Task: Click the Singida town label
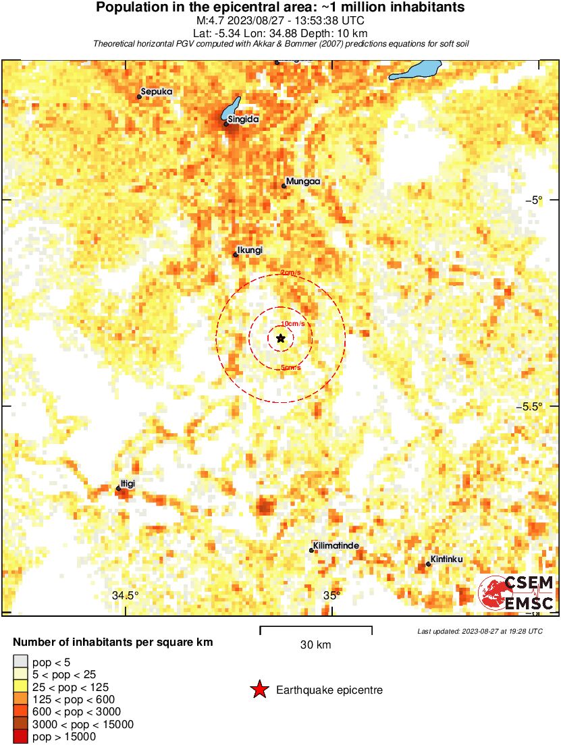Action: point(244,119)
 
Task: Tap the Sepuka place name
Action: point(157,92)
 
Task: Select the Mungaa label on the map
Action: point(302,182)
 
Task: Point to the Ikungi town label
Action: point(250,250)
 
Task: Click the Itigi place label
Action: point(128,484)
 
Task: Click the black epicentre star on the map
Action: point(281,338)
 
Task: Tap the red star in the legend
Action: point(259,690)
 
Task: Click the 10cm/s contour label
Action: point(293,324)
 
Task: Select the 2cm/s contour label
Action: point(291,273)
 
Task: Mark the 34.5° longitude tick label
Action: point(126,595)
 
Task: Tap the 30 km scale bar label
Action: point(316,644)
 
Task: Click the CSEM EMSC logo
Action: point(517,593)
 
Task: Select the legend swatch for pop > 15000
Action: point(20,737)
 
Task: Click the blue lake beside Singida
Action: point(232,108)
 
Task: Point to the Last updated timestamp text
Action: point(479,631)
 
